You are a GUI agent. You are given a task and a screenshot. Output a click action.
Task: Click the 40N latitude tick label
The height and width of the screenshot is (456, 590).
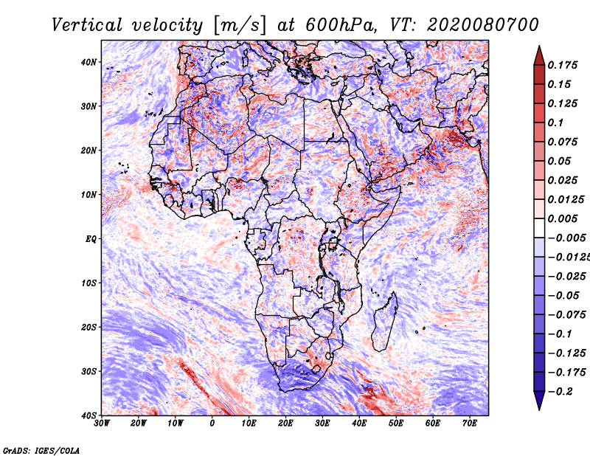(x=88, y=62)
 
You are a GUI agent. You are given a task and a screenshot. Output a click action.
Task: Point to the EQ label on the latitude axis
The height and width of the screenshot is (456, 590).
(x=91, y=239)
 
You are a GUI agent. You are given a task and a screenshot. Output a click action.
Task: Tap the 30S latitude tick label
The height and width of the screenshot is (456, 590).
(x=88, y=372)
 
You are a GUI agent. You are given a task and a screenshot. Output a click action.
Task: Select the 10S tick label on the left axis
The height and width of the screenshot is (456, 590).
(x=88, y=283)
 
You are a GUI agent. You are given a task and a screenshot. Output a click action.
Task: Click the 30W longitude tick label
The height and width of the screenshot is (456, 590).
(x=102, y=424)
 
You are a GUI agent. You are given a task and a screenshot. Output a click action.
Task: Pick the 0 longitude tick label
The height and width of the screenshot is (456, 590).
(x=212, y=424)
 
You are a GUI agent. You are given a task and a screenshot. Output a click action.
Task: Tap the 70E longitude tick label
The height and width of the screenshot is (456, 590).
(x=470, y=424)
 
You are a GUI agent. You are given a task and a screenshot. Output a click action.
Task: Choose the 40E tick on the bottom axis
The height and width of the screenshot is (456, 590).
(x=359, y=424)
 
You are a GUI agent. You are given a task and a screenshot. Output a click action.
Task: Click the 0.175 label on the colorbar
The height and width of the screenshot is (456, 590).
(x=563, y=66)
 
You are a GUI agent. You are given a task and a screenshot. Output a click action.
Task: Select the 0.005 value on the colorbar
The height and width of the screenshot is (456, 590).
(x=563, y=218)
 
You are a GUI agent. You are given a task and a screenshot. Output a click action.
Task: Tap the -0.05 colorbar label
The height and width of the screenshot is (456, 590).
(x=563, y=296)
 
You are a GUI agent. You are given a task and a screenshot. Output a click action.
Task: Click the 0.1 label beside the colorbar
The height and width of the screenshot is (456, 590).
(x=556, y=122)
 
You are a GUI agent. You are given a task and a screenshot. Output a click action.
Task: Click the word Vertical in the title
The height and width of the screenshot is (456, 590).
(x=87, y=26)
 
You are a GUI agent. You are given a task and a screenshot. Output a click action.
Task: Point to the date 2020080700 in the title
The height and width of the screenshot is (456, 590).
(x=483, y=26)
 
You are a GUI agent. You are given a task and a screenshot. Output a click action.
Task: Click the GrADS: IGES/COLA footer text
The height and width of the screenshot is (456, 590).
(x=41, y=450)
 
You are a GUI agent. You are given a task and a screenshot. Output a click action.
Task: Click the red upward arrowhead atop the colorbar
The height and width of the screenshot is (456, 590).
(x=539, y=55)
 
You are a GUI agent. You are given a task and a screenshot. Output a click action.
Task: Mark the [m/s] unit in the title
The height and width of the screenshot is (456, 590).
(x=239, y=26)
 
